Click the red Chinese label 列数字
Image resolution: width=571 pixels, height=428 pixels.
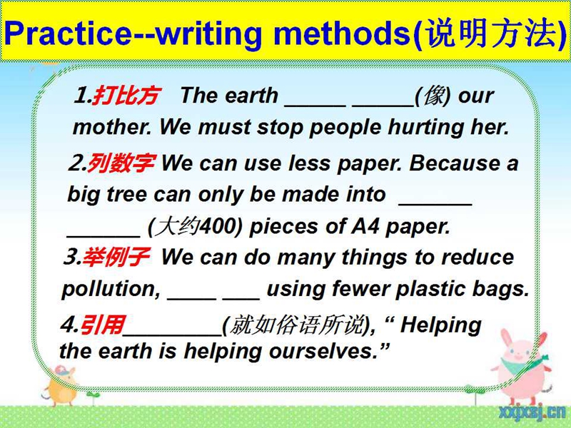coord(121,163)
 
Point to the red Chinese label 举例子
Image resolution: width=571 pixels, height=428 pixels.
coord(116,257)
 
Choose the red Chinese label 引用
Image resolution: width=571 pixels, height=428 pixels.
coord(102,325)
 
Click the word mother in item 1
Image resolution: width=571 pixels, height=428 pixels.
coord(112,128)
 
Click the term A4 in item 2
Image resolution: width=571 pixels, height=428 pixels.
coord(365,226)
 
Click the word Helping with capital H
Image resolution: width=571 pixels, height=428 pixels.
coord(440,325)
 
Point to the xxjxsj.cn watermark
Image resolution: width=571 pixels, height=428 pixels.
coord(532,413)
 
